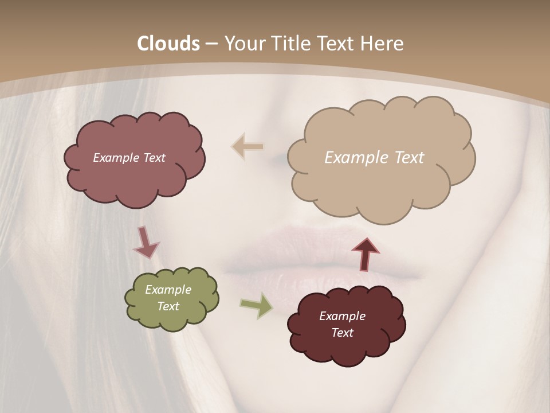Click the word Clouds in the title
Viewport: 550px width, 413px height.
point(168,44)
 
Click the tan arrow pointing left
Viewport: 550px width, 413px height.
point(247,147)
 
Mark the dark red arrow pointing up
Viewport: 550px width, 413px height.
point(366,254)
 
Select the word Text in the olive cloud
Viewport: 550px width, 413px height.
point(168,306)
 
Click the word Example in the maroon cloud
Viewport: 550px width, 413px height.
point(342,316)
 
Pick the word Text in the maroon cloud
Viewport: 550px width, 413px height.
point(342,333)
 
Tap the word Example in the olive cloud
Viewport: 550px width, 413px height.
point(168,290)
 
